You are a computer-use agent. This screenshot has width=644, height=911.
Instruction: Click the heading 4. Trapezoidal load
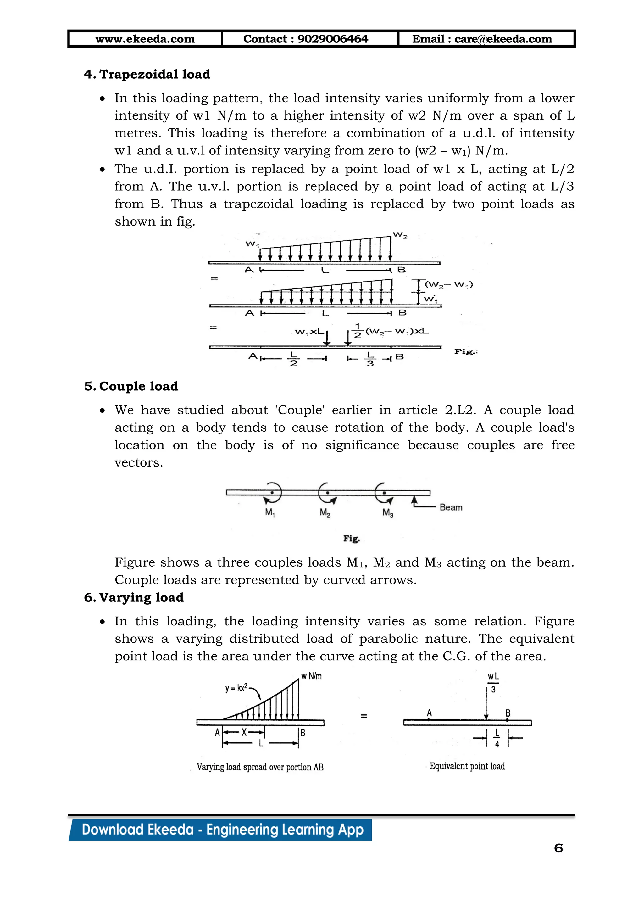pyautogui.click(x=147, y=74)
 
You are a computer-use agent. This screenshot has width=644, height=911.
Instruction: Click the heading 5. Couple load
pyautogui.click(x=131, y=386)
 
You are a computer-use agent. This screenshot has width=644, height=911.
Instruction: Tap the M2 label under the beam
pyautogui.click(x=325, y=513)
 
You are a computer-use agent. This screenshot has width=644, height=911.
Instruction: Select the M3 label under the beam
pyautogui.click(x=387, y=513)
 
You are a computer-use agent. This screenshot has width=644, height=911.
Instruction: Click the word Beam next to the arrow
pyautogui.click(x=451, y=507)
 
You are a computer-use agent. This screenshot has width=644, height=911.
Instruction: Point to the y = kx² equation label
pyautogui.click(x=236, y=688)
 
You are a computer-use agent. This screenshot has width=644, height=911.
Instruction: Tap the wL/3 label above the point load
pyautogui.click(x=493, y=683)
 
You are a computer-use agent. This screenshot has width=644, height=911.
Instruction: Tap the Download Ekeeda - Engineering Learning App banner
pyautogui.click(x=222, y=830)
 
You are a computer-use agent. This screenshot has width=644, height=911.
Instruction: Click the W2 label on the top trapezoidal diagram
pyautogui.click(x=400, y=236)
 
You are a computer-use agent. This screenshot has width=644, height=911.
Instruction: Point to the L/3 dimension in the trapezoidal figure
pyautogui.click(x=370, y=359)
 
